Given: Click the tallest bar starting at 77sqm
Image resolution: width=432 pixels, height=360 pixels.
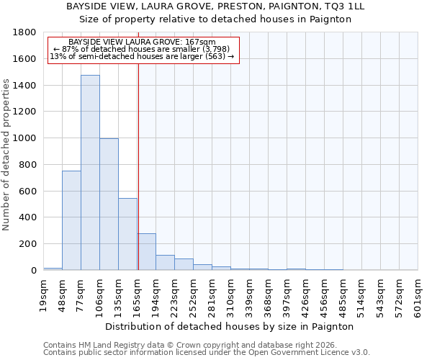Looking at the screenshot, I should pyautogui.click(x=90, y=173).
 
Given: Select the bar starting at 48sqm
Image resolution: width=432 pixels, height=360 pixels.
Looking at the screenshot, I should pyautogui.click(x=71, y=220).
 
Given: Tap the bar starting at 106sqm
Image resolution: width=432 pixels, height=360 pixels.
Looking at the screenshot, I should pyautogui.click(x=109, y=204).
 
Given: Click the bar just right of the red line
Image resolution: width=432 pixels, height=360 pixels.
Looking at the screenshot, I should pyautogui.click(x=147, y=252).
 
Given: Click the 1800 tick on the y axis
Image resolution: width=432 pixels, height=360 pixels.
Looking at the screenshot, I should pyautogui.click(x=27, y=32).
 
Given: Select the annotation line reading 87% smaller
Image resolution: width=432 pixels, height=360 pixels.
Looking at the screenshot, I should pyautogui.click(x=142, y=49).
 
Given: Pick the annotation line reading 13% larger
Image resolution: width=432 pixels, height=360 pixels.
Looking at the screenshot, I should pyautogui.click(x=142, y=56).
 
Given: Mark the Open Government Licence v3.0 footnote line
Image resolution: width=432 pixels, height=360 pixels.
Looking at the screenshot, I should pyautogui.click(x=207, y=352).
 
